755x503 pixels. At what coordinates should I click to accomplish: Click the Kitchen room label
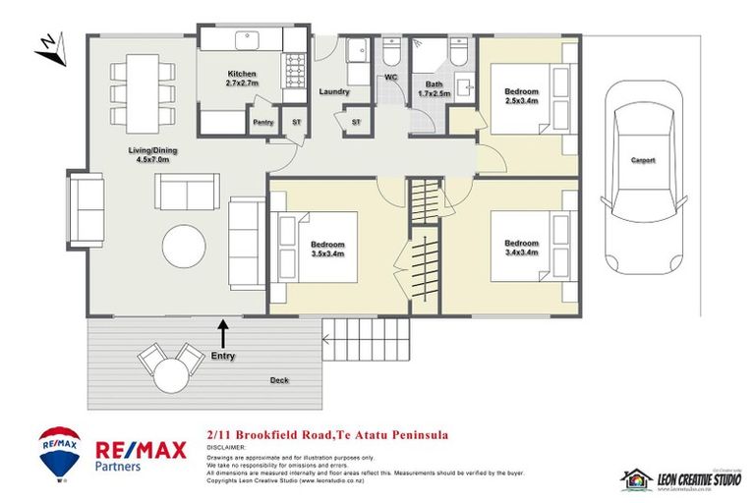point(242,80)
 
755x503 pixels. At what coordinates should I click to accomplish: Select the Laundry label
point(335,92)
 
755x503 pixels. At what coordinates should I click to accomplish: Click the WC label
point(390,77)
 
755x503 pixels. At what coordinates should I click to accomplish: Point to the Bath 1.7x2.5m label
point(433,88)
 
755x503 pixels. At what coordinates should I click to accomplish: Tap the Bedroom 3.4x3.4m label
point(522,248)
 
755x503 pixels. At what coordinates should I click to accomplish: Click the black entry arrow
point(223,332)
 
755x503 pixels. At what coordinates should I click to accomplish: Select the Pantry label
point(262,123)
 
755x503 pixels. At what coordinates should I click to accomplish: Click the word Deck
point(280,379)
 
